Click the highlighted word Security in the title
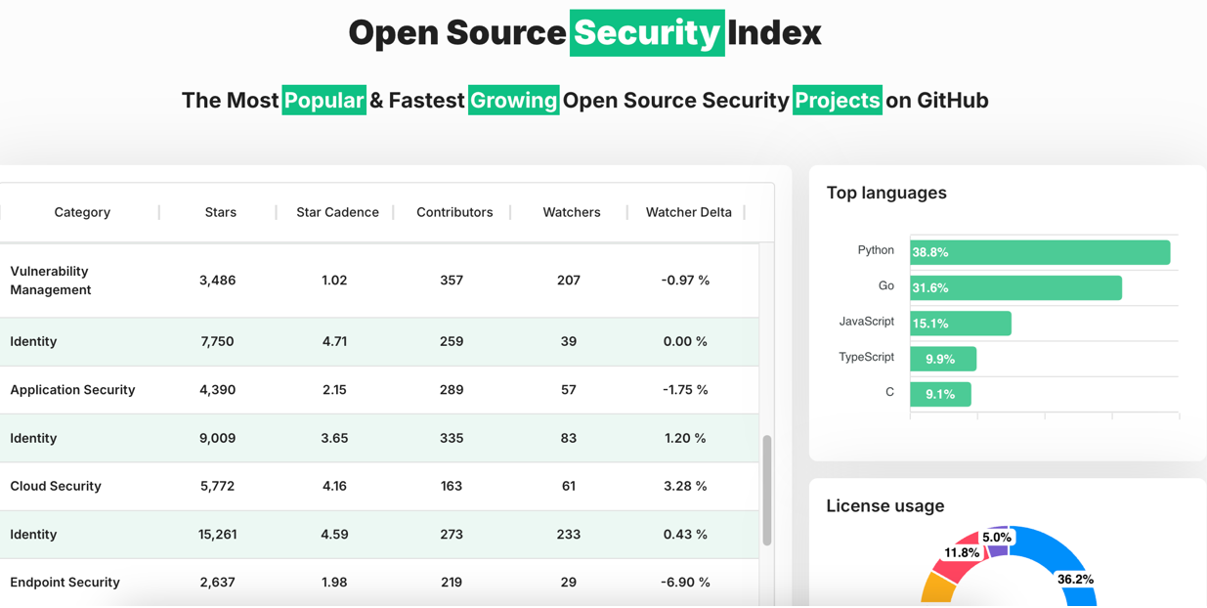(x=646, y=33)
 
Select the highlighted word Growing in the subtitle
(x=513, y=101)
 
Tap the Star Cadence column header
(x=337, y=212)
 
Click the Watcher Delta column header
(x=688, y=212)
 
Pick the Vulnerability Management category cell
(x=51, y=281)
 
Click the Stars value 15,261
(x=218, y=535)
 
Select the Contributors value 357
(x=452, y=281)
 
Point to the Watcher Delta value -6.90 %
(x=685, y=583)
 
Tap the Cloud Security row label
(x=56, y=486)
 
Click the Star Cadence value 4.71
(x=334, y=341)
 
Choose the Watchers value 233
(x=569, y=535)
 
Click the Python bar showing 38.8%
(x=1040, y=252)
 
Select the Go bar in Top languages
(x=1015, y=287)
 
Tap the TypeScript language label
(x=866, y=357)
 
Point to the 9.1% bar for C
(x=940, y=394)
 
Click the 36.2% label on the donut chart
(x=1075, y=579)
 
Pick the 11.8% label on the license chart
(x=962, y=552)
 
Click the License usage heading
(x=885, y=505)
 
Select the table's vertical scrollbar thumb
(x=767, y=490)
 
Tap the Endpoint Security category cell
(x=65, y=583)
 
